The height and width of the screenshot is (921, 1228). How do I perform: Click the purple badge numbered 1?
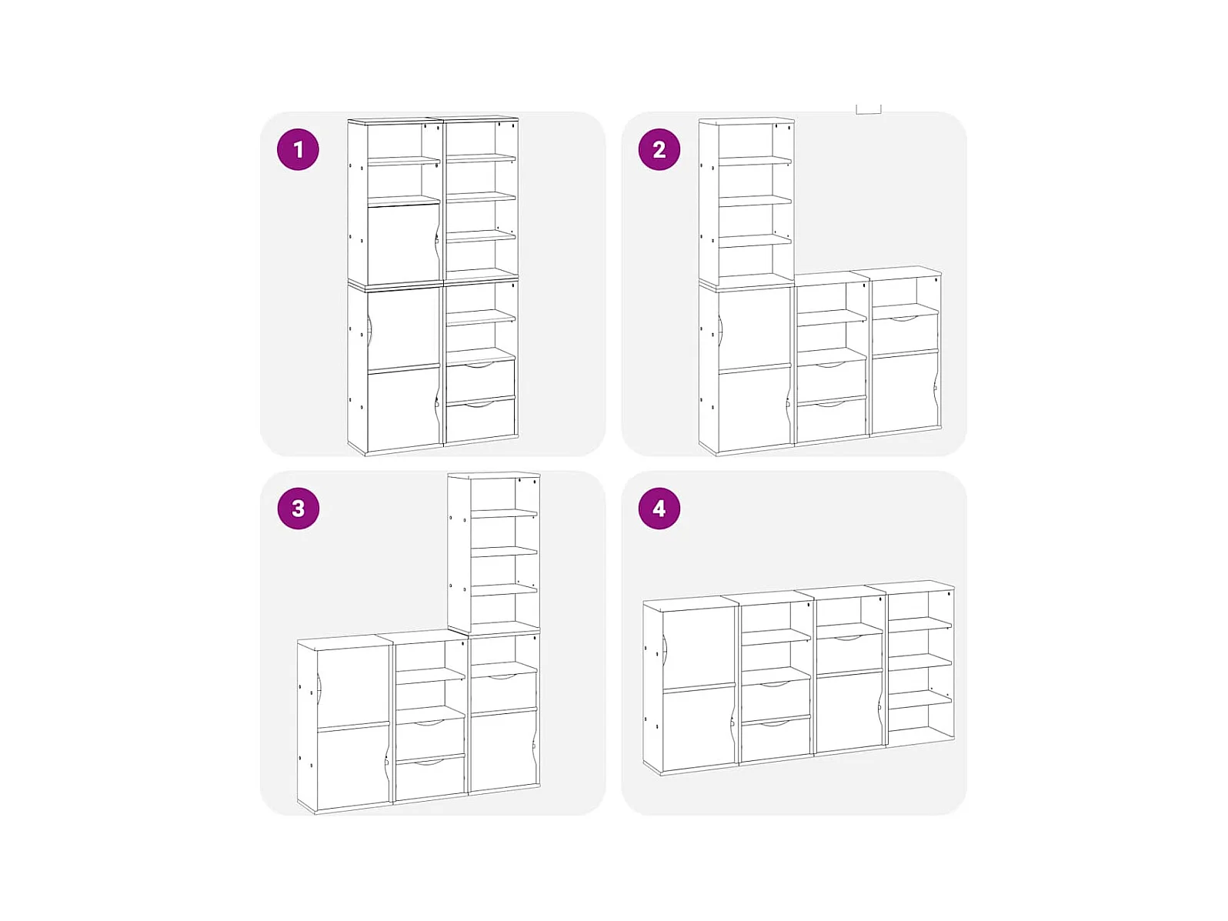click(x=298, y=149)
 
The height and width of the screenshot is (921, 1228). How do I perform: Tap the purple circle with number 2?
click(x=659, y=149)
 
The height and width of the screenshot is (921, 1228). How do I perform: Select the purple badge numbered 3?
click(x=298, y=509)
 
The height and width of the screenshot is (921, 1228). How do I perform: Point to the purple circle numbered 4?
click(x=659, y=509)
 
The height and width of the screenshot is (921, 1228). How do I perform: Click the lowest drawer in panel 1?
click(x=481, y=420)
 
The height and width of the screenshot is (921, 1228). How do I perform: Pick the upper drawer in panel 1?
click(x=481, y=381)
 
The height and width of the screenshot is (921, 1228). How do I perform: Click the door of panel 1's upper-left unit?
click(x=403, y=244)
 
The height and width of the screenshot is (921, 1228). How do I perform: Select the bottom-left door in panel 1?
click(x=403, y=409)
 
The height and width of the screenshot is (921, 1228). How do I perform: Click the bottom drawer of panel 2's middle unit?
click(x=831, y=420)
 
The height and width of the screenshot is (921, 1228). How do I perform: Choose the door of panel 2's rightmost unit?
click(x=905, y=392)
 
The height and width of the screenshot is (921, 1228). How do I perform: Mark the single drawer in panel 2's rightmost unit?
click(x=905, y=335)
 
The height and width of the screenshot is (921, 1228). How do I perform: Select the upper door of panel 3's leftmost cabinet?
click(x=353, y=689)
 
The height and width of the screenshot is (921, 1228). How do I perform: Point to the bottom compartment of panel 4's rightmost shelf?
click(x=919, y=720)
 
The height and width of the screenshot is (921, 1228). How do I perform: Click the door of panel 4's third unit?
click(x=849, y=711)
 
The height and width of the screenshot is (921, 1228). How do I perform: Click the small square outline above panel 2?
click(x=868, y=109)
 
